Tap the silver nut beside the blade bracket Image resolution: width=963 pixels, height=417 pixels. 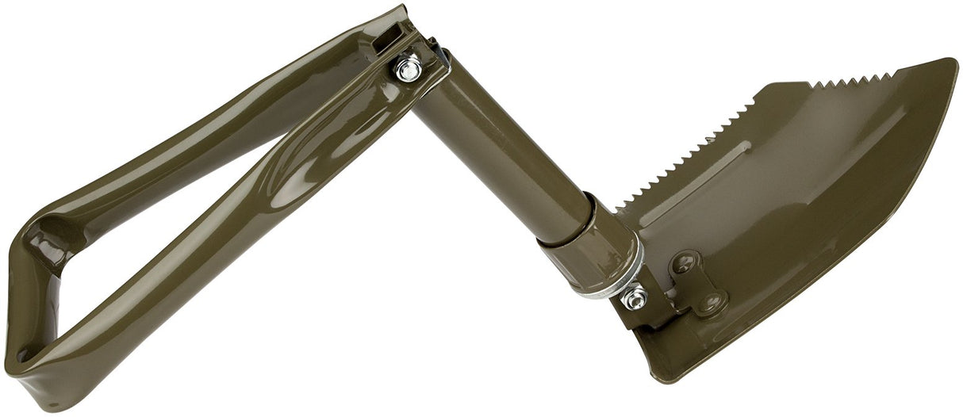[634, 299]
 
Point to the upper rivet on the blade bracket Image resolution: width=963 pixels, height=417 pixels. [684, 263]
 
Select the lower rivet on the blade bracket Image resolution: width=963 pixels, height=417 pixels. [712, 301]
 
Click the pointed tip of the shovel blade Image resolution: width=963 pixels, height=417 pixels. [950, 63]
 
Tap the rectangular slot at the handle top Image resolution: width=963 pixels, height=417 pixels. [389, 36]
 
